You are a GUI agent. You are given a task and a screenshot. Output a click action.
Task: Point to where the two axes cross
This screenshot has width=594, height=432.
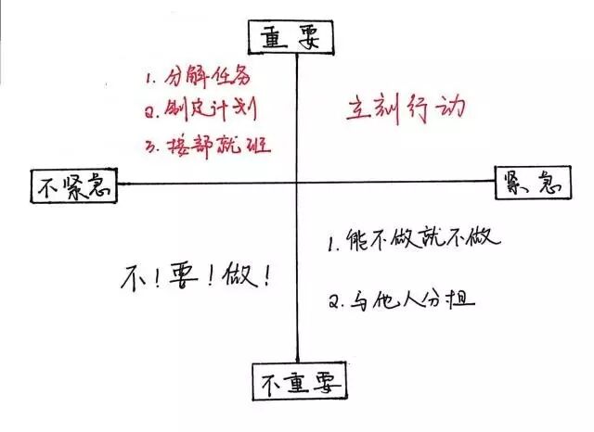pos(296,184)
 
